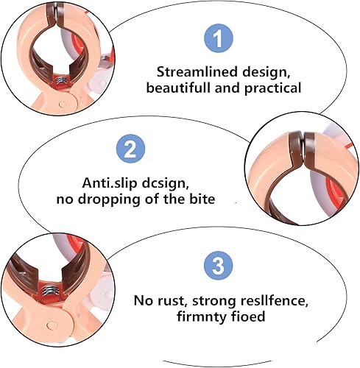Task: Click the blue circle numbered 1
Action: (218, 38)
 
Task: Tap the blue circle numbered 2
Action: (130, 149)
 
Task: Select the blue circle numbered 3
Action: (218, 266)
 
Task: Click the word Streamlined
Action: (197, 72)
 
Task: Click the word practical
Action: (273, 88)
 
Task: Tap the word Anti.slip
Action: (110, 183)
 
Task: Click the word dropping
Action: (110, 199)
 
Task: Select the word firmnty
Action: (202, 316)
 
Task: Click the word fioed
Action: (248, 316)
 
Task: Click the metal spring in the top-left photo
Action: (61, 80)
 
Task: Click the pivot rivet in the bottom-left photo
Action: (52, 325)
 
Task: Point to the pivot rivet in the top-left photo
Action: (63, 105)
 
